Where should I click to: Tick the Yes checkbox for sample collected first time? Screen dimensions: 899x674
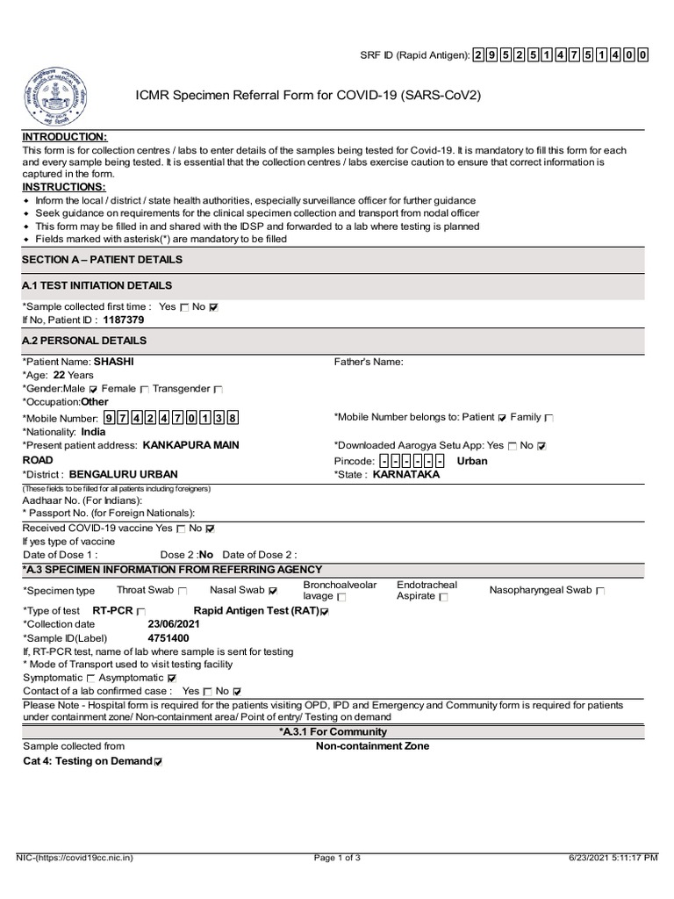184,307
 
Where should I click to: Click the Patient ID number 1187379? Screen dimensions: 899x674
124,320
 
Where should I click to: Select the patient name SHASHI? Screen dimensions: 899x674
114,361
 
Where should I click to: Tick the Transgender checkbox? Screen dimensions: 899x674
219,389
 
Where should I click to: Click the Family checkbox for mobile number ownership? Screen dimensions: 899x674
549,418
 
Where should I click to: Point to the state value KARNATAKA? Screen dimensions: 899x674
406,474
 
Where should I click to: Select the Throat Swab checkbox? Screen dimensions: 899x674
183,591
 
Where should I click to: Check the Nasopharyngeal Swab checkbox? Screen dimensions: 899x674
600,591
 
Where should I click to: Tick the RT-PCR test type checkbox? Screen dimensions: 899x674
141,611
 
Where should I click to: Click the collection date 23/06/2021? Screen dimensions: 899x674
174,624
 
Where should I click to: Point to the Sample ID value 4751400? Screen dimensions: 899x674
168,638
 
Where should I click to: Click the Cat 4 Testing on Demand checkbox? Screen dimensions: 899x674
158,762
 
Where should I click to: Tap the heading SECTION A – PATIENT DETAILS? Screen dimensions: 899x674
103,260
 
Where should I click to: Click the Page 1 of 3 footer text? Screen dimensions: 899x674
337,858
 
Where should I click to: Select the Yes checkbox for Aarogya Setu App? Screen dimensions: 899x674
513,446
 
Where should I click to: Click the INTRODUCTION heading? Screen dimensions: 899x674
65,138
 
